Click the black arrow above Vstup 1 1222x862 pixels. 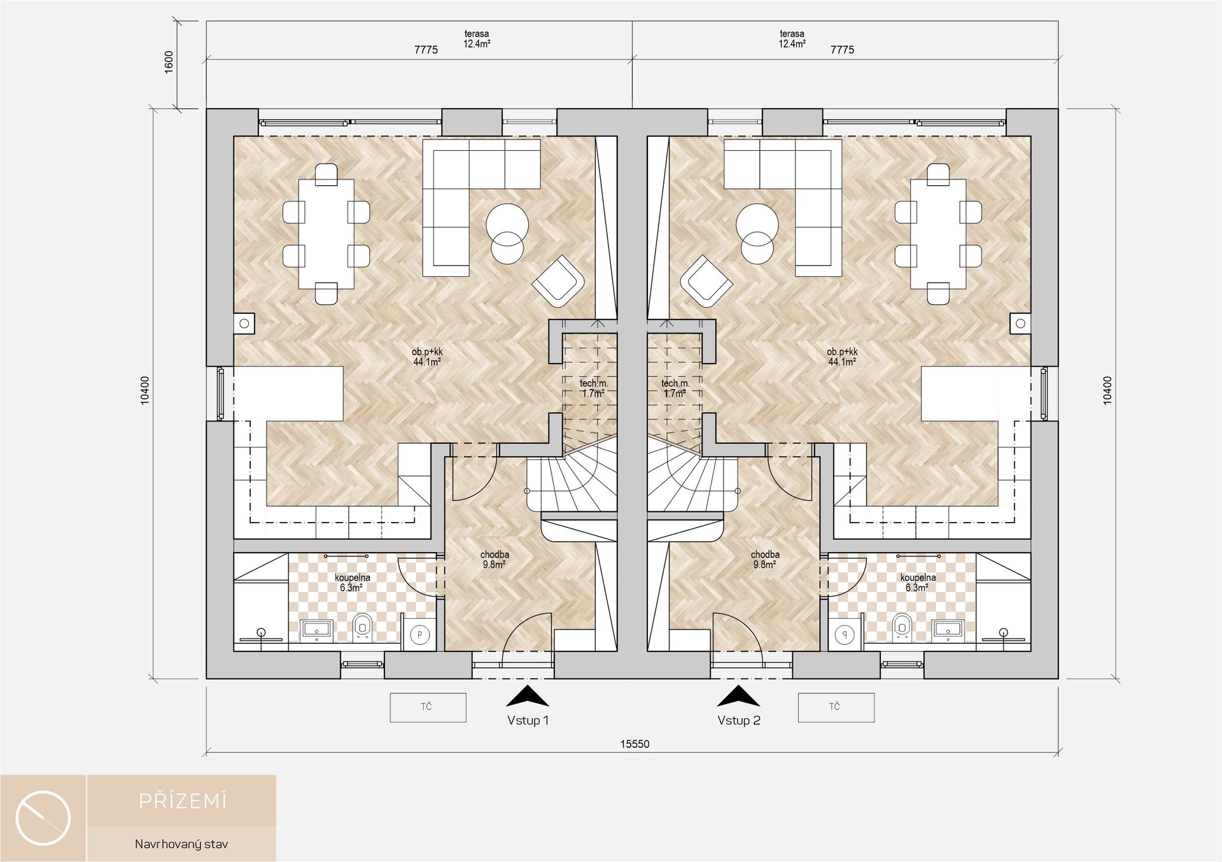pos(528,696)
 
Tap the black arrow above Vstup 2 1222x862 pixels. pos(738,696)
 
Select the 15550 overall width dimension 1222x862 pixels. pos(635,744)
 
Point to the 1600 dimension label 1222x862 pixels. pos(169,62)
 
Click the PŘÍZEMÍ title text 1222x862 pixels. pos(183,801)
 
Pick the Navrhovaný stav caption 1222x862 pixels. pos(181,844)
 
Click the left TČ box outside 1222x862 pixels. pos(428,707)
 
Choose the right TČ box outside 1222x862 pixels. pos(836,707)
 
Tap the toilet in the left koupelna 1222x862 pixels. pos(362,628)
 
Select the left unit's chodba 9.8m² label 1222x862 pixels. pos(495,560)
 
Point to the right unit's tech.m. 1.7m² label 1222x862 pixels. pos(675,388)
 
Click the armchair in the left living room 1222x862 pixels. pos(558,281)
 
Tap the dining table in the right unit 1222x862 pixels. pos(938,234)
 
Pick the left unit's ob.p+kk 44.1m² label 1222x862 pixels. pos(427,357)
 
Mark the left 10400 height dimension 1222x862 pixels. pos(145,390)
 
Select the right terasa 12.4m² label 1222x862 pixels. pos(792,39)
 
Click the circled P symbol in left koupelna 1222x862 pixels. pos(419,635)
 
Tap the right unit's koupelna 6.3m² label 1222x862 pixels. pos(918,583)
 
